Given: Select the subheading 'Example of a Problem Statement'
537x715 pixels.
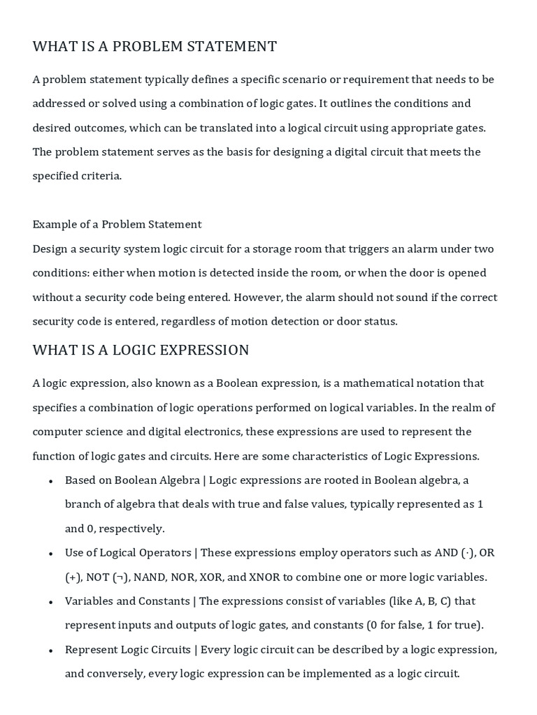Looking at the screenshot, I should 117,224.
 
